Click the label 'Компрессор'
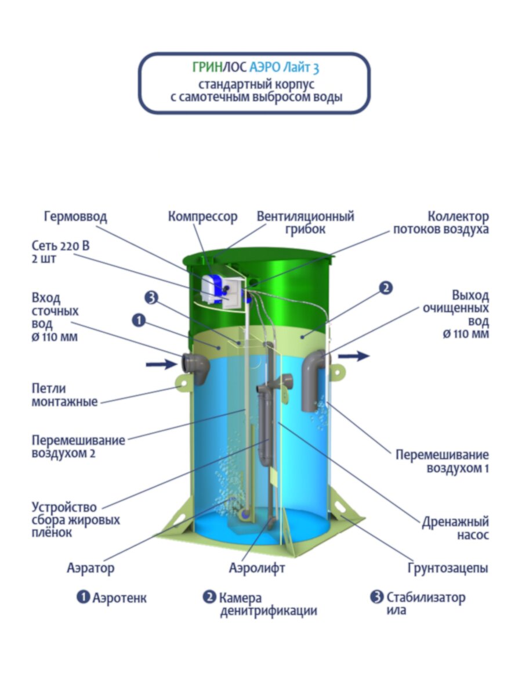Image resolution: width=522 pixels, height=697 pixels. pos(202,217)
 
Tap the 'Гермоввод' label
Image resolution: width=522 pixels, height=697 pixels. pos(75,217)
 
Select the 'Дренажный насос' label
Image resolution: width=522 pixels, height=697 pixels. pos(455,528)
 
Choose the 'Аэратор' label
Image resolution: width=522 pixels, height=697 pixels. pos(90,567)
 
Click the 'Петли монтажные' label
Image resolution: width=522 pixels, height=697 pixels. pos(64,393)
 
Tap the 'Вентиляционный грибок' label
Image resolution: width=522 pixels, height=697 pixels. pos(306,222)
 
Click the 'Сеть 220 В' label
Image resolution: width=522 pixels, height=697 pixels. pos(61,246)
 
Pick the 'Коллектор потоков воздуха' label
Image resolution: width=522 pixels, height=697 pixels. pos(441,222)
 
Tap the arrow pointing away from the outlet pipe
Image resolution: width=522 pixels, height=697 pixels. pos(354,355)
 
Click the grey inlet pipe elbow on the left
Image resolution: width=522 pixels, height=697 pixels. pos(195,367)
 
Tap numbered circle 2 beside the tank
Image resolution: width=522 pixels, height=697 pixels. pos(386,287)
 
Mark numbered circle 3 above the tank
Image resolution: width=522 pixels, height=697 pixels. pos(151,298)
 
